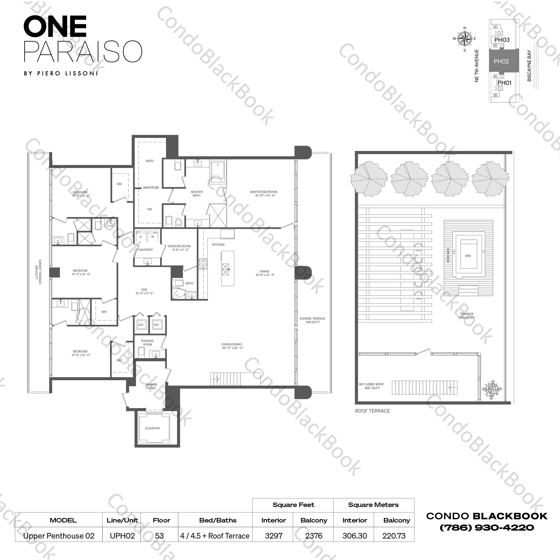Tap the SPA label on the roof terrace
[468, 256]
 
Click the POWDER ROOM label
[147, 343]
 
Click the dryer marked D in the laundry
[141, 237]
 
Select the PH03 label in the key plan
[502, 40]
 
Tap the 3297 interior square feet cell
[273, 536]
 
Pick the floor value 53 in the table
[159, 536]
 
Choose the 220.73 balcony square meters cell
[394, 536]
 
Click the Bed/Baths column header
[218, 520]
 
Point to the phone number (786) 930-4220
[487, 528]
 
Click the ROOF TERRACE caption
[372, 411]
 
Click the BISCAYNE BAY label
[529, 66]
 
